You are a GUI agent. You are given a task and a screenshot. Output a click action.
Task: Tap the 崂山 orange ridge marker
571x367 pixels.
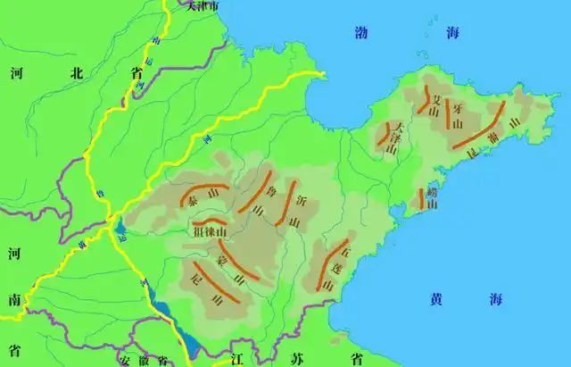coord(421,199)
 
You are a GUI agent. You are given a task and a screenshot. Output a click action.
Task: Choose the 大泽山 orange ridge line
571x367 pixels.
coord(389,136)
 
